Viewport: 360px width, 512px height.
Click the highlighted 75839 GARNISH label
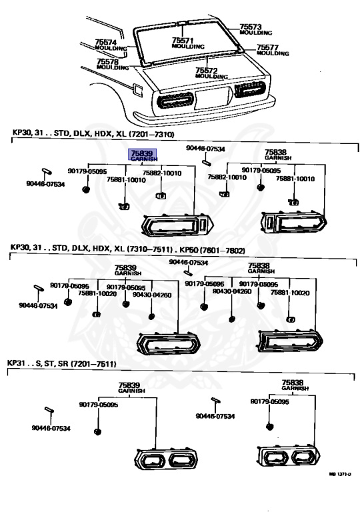(x=143, y=155)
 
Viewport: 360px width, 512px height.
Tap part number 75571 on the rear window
(x=183, y=41)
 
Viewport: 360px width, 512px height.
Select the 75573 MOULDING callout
(x=255, y=29)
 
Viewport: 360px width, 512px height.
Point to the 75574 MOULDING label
(x=111, y=45)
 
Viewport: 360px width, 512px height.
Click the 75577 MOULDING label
(x=273, y=50)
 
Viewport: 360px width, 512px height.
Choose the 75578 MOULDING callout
(x=113, y=64)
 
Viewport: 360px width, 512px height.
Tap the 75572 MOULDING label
(x=211, y=73)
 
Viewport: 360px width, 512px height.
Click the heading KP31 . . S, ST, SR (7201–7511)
(x=62, y=363)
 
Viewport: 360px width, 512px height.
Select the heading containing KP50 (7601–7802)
(x=127, y=250)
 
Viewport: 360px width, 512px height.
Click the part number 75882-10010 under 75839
(x=162, y=173)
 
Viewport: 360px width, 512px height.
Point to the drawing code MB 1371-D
(x=340, y=474)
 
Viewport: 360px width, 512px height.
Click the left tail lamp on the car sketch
(x=176, y=100)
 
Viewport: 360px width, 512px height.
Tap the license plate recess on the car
(x=213, y=97)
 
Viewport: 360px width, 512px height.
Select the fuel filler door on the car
(x=137, y=91)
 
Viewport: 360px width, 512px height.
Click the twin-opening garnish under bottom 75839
(x=166, y=459)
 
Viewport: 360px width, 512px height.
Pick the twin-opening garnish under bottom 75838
(x=289, y=456)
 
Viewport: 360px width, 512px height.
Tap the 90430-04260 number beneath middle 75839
(x=152, y=295)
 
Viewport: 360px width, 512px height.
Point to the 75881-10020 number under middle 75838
(x=290, y=293)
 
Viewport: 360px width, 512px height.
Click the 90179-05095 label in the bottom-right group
(x=269, y=401)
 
